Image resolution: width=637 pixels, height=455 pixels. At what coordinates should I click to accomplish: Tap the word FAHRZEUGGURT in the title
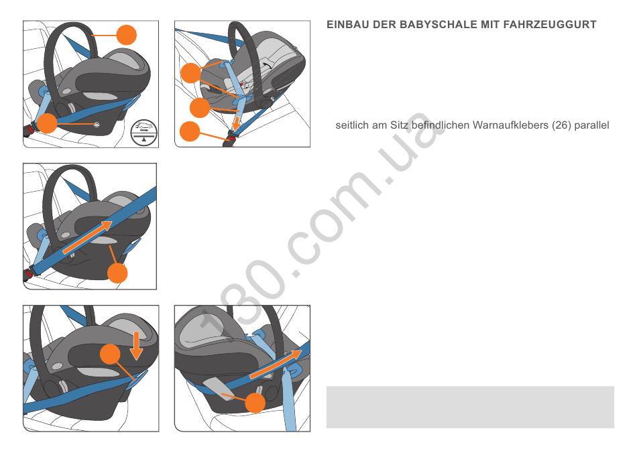coord(550,25)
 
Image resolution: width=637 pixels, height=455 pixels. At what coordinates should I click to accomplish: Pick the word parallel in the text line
coord(591,125)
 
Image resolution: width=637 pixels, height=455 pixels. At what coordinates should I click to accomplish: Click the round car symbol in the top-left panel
coord(143,132)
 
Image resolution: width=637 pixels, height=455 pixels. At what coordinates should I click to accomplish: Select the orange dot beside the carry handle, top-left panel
coord(126,35)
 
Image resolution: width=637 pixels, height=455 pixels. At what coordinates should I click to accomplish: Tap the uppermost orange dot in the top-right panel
coord(191,73)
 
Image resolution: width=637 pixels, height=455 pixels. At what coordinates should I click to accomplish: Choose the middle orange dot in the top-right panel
coord(200,107)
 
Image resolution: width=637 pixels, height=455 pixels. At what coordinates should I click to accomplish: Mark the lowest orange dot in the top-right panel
coord(190,131)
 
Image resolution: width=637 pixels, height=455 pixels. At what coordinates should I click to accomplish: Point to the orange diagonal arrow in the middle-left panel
coord(87,237)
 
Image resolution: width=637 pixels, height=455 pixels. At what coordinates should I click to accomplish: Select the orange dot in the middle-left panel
coord(117,273)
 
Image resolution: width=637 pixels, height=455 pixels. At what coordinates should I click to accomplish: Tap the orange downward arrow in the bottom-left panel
coord(137,345)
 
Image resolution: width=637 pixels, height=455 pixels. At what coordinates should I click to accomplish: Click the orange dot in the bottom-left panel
coord(110,354)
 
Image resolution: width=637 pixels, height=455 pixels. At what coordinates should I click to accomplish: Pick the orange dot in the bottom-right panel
coord(255,403)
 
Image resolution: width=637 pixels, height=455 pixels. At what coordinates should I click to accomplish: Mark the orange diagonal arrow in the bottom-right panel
coord(276,364)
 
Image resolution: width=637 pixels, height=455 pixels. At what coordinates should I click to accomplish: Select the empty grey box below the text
coord(470,407)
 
